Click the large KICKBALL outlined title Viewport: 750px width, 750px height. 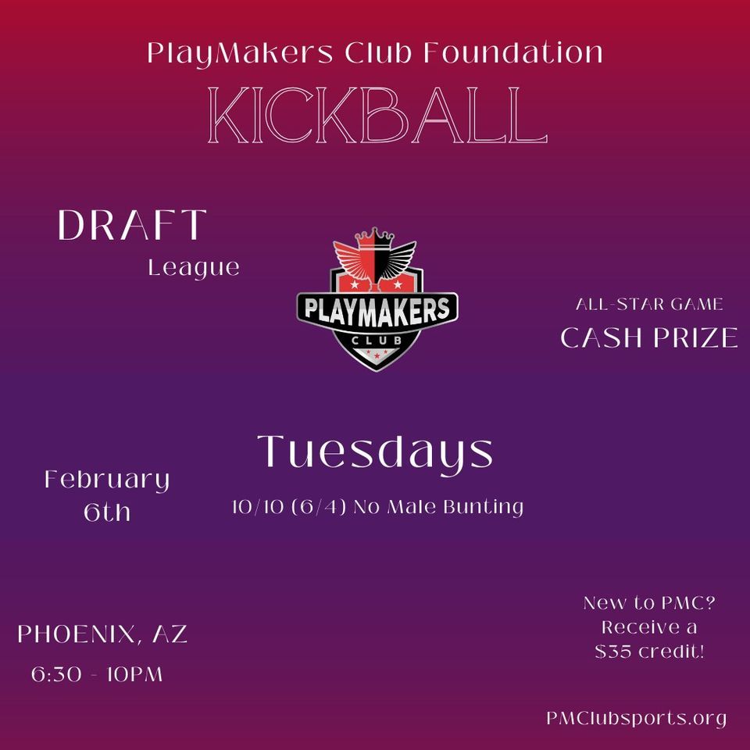pyautogui.click(x=374, y=116)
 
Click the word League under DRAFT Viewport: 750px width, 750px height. pyautogui.click(x=194, y=268)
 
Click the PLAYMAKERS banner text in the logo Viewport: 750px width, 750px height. pyautogui.click(x=377, y=306)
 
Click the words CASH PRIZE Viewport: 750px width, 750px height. pyautogui.click(x=649, y=337)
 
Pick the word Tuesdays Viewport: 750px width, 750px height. pyautogui.click(x=375, y=452)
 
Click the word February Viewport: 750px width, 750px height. pyautogui.click(x=107, y=479)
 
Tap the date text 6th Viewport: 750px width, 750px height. pyautogui.click(x=107, y=512)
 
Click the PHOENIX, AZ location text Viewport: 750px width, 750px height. pyautogui.click(x=102, y=634)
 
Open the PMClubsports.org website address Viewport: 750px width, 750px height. pyautogui.click(x=637, y=718)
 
